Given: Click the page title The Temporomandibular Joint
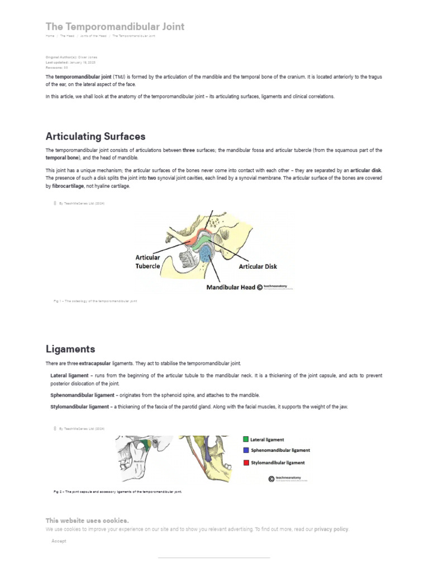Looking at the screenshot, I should [x=115, y=26].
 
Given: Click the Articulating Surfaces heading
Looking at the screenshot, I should [x=95, y=136].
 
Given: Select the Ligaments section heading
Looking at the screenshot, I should [x=70, y=349].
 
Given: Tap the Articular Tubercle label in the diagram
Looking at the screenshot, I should [x=148, y=261].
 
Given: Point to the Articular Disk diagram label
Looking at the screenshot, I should [x=258, y=266].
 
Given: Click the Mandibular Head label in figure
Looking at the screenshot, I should [x=231, y=287].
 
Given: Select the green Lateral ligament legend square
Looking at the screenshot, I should [x=246, y=440].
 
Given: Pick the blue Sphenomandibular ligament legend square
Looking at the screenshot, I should [x=246, y=450].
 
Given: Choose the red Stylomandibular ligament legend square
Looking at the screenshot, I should [x=246, y=463].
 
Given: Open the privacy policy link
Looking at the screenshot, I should [x=331, y=528].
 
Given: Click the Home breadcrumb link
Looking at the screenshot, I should [x=50, y=36].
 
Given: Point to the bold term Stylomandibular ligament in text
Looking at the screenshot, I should [x=79, y=407].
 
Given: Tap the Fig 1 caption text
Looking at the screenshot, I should [x=95, y=301].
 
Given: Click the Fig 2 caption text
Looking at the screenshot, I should [x=117, y=492].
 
